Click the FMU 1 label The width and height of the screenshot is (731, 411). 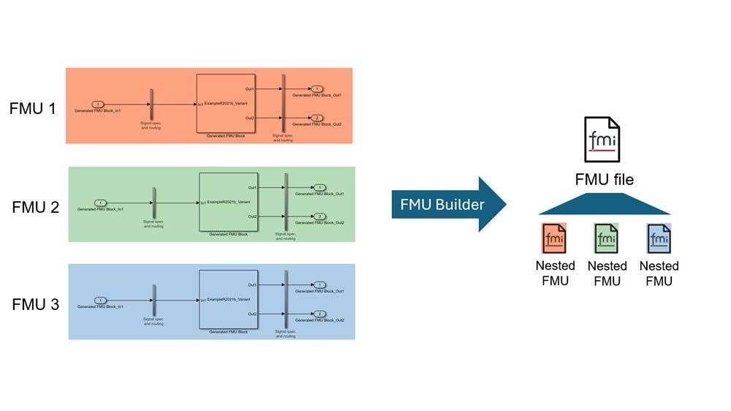click(x=33, y=109)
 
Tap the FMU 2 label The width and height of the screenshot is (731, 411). click(x=36, y=207)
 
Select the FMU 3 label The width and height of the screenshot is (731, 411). click(x=36, y=304)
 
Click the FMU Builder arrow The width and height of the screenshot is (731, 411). click(x=447, y=204)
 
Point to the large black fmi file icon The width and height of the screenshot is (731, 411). click(x=602, y=140)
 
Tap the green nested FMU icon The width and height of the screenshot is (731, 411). click(x=607, y=238)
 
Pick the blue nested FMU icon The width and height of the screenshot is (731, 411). click(x=659, y=238)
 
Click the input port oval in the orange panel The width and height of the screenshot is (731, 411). click(x=98, y=105)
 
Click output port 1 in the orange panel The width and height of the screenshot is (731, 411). click(x=317, y=89)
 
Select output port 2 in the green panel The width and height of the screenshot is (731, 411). click(x=320, y=216)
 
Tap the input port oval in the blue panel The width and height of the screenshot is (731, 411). click(x=101, y=300)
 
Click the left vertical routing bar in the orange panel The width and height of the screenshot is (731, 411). click(x=151, y=105)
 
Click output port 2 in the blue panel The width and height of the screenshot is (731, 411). click(x=320, y=314)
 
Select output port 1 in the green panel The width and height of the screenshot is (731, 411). click(x=320, y=188)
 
